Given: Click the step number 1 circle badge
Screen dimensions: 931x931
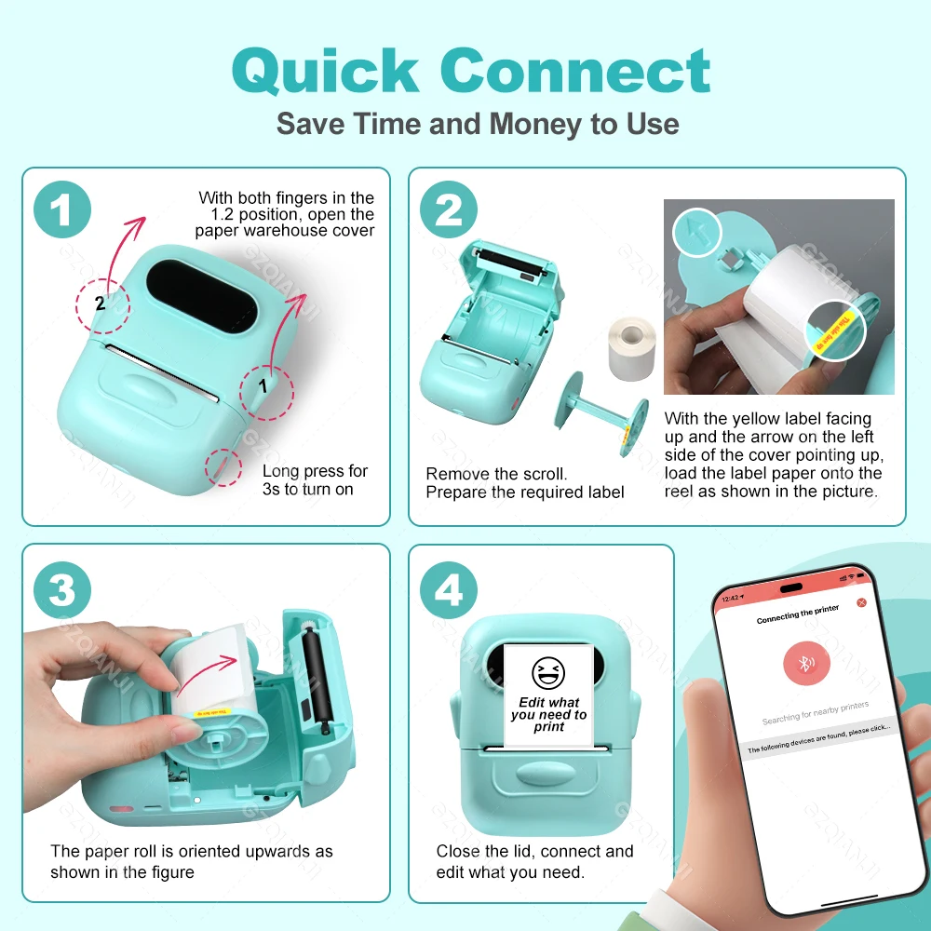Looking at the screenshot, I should pyautogui.click(x=62, y=210).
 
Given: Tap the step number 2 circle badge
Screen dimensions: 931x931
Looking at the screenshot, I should pyautogui.click(x=449, y=210).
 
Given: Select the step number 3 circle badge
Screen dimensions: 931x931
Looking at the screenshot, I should pyautogui.click(x=62, y=591).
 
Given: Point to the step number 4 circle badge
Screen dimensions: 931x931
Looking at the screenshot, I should pyautogui.click(x=449, y=591).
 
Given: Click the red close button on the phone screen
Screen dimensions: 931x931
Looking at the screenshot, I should pyautogui.click(x=861, y=602).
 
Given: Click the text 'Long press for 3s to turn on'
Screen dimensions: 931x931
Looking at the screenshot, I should pyautogui.click(x=315, y=479).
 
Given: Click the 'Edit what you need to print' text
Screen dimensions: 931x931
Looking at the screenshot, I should pyautogui.click(x=548, y=715).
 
